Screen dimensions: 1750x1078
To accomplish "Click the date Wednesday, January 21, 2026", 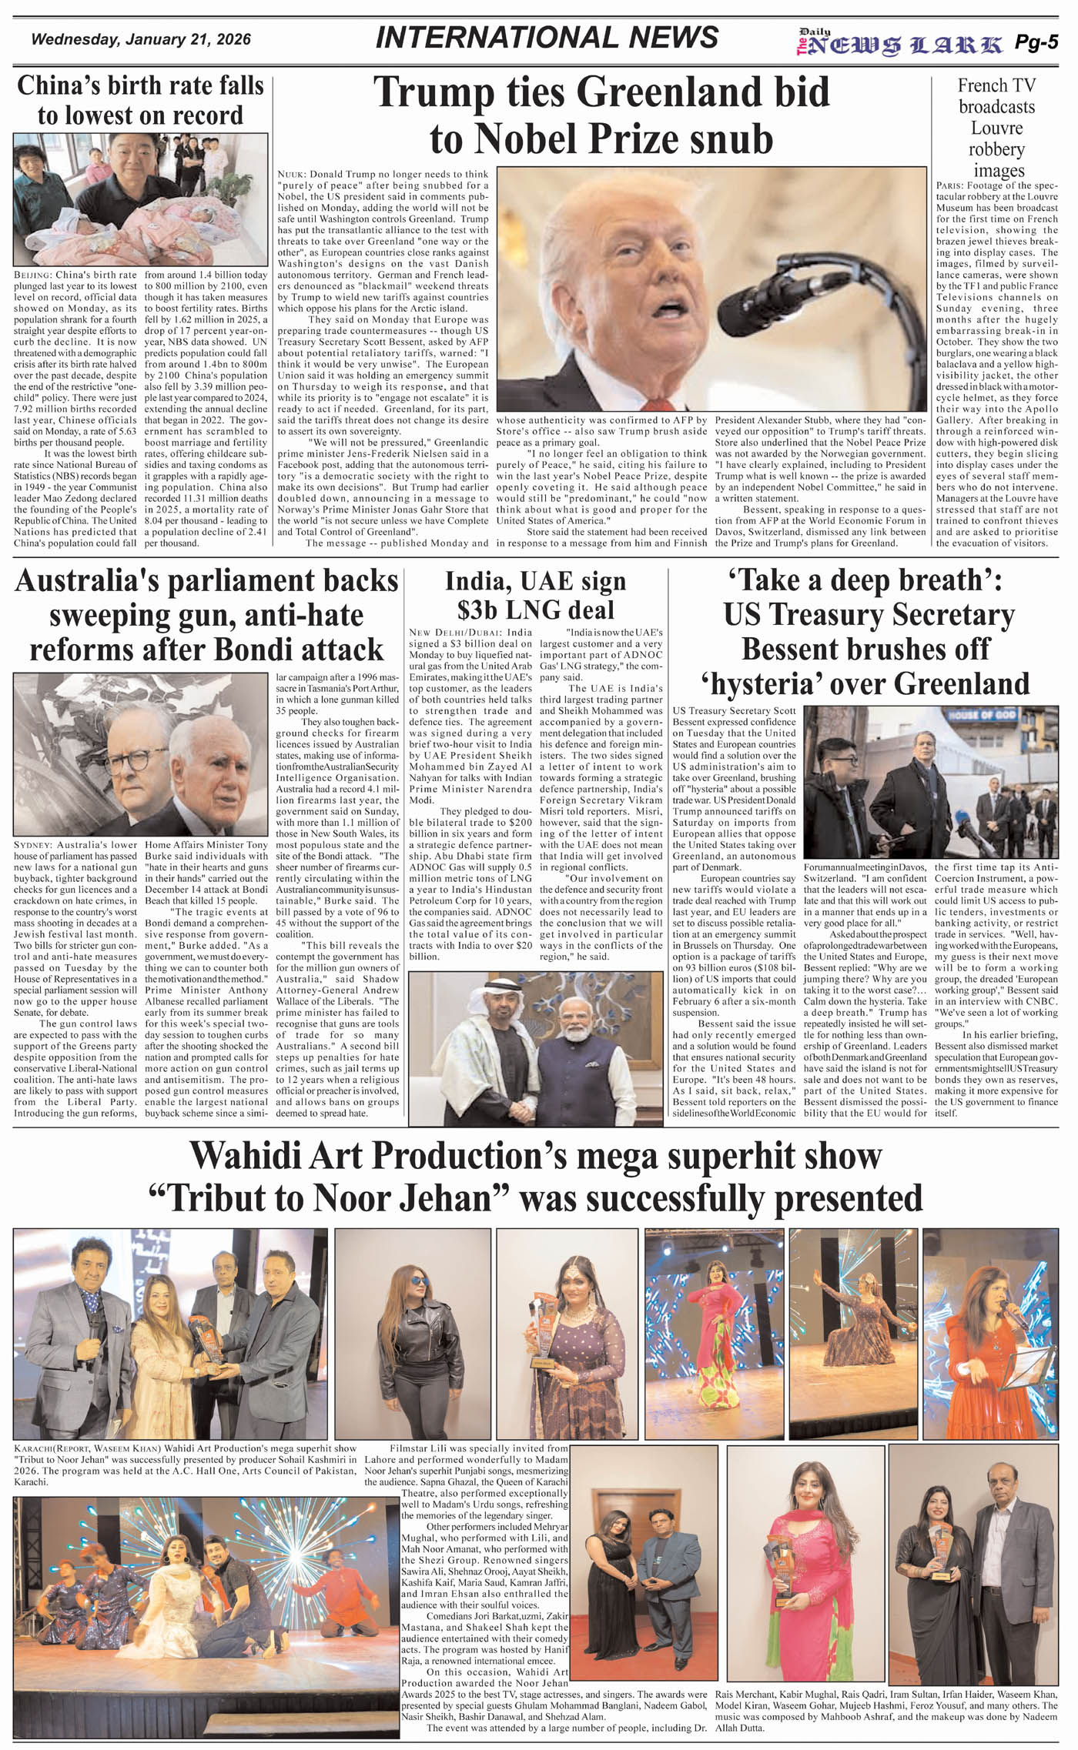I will pyautogui.click(x=141, y=39).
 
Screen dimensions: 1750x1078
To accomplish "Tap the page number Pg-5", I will pyautogui.click(x=1036, y=43).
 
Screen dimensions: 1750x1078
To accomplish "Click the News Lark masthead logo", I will pyautogui.click(x=899, y=45).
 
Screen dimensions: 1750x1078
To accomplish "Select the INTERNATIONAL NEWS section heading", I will pyautogui.click(x=547, y=38).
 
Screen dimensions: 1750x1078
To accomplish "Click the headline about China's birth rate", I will pyautogui.click(x=140, y=100).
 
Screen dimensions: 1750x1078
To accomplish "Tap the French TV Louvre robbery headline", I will pyautogui.click(x=996, y=128).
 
